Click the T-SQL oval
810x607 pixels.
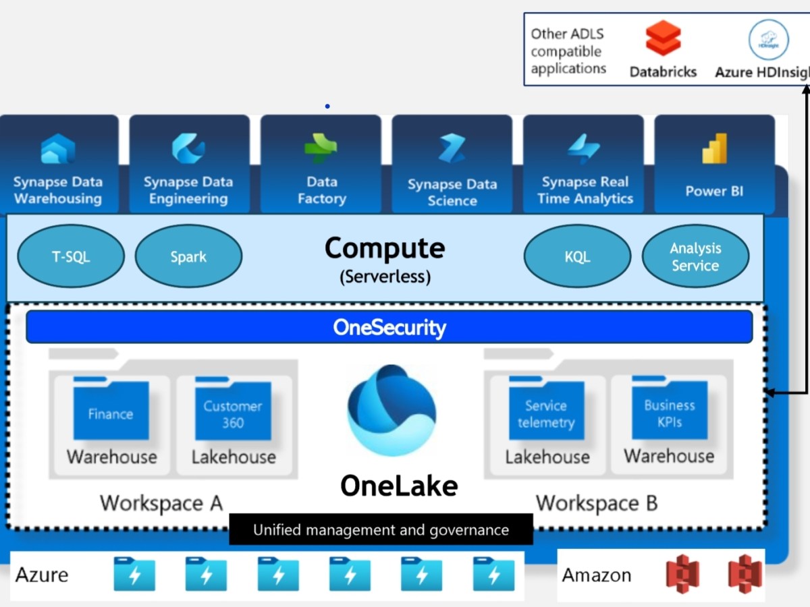[71, 257]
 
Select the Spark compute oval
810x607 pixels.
[188, 257]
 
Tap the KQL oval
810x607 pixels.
[577, 257]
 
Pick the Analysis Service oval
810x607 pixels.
[695, 257]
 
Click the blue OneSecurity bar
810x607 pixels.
[389, 327]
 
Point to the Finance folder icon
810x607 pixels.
[111, 409]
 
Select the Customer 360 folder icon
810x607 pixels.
[233, 409]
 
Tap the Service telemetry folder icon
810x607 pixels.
[546, 409]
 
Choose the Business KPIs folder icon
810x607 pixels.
[669, 409]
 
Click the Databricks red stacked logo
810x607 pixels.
[663, 39]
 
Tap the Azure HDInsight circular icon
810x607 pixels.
[768, 40]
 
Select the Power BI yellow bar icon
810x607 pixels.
[714, 149]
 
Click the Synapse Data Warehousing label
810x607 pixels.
[58, 190]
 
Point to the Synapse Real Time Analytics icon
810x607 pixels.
[583, 150]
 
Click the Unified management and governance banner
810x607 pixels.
[381, 529]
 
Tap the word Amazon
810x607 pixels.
[597, 575]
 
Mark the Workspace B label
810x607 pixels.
[596, 503]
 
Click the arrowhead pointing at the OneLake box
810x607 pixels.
[769, 392]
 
